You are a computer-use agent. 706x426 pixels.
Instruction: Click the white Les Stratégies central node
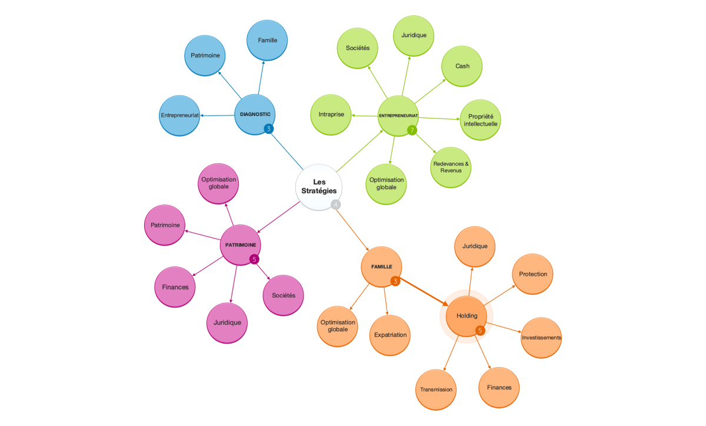(x=318, y=186)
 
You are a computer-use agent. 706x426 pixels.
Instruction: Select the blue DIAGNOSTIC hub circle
(x=255, y=114)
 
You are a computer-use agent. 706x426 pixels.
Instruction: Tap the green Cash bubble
(x=462, y=66)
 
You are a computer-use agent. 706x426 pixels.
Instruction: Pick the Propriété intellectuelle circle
(x=480, y=120)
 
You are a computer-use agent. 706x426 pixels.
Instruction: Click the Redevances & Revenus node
(x=451, y=167)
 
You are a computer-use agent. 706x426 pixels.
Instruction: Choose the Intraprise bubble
(x=331, y=114)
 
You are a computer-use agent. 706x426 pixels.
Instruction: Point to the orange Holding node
(x=467, y=316)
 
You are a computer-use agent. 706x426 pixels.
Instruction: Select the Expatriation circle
(x=390, y=335)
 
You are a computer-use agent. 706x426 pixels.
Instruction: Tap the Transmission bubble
(x=436, y=389)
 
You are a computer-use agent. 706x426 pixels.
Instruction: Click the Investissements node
(x=541, y=338)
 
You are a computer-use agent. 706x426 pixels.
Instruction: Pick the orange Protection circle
(x=532, y=274)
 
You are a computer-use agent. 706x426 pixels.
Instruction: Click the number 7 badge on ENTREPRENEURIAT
(x=412, y=130)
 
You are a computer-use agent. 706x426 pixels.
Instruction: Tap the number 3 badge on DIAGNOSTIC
(x=269, y=128)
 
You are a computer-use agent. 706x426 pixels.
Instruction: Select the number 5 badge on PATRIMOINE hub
(x=254, y=259)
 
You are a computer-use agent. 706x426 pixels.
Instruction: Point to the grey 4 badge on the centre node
(x=336, y=204)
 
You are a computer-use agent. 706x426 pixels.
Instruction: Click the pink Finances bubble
(x=175, y=287)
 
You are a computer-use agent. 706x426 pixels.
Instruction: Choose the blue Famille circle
(x=267, y=40)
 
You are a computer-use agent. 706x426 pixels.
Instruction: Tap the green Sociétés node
(x=358, y=48)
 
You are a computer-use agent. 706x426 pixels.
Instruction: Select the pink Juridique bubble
(x=227, y=323)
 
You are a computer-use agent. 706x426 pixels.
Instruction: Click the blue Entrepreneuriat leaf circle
(x=179, y=115)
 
